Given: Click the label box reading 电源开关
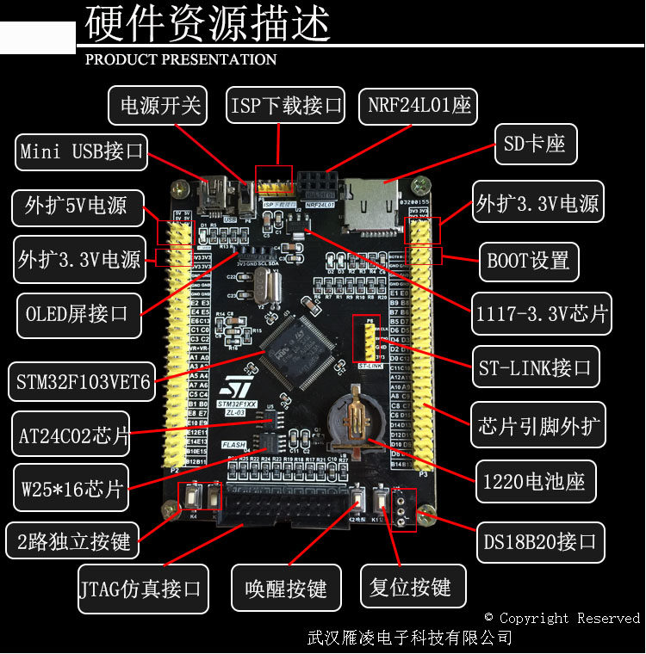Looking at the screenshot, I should pyautogui.click(x=160, y=105).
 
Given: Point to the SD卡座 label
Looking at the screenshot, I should pyautogui.click(x=535, y=144).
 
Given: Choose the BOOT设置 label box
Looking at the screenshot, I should pyautogui.click(x=528, y=259).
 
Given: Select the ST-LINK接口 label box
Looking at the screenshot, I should pyautogui.click(x=535, y=368).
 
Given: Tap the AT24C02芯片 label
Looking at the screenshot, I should pyautogui.click(x=73, y=436).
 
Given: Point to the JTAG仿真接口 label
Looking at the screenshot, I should pyautogui.click(x=143, y=589).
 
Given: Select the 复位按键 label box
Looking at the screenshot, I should pyautogui.click(x=411, y=588).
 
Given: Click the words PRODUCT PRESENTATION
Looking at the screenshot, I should pyautogui.click(x=181, y=59).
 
